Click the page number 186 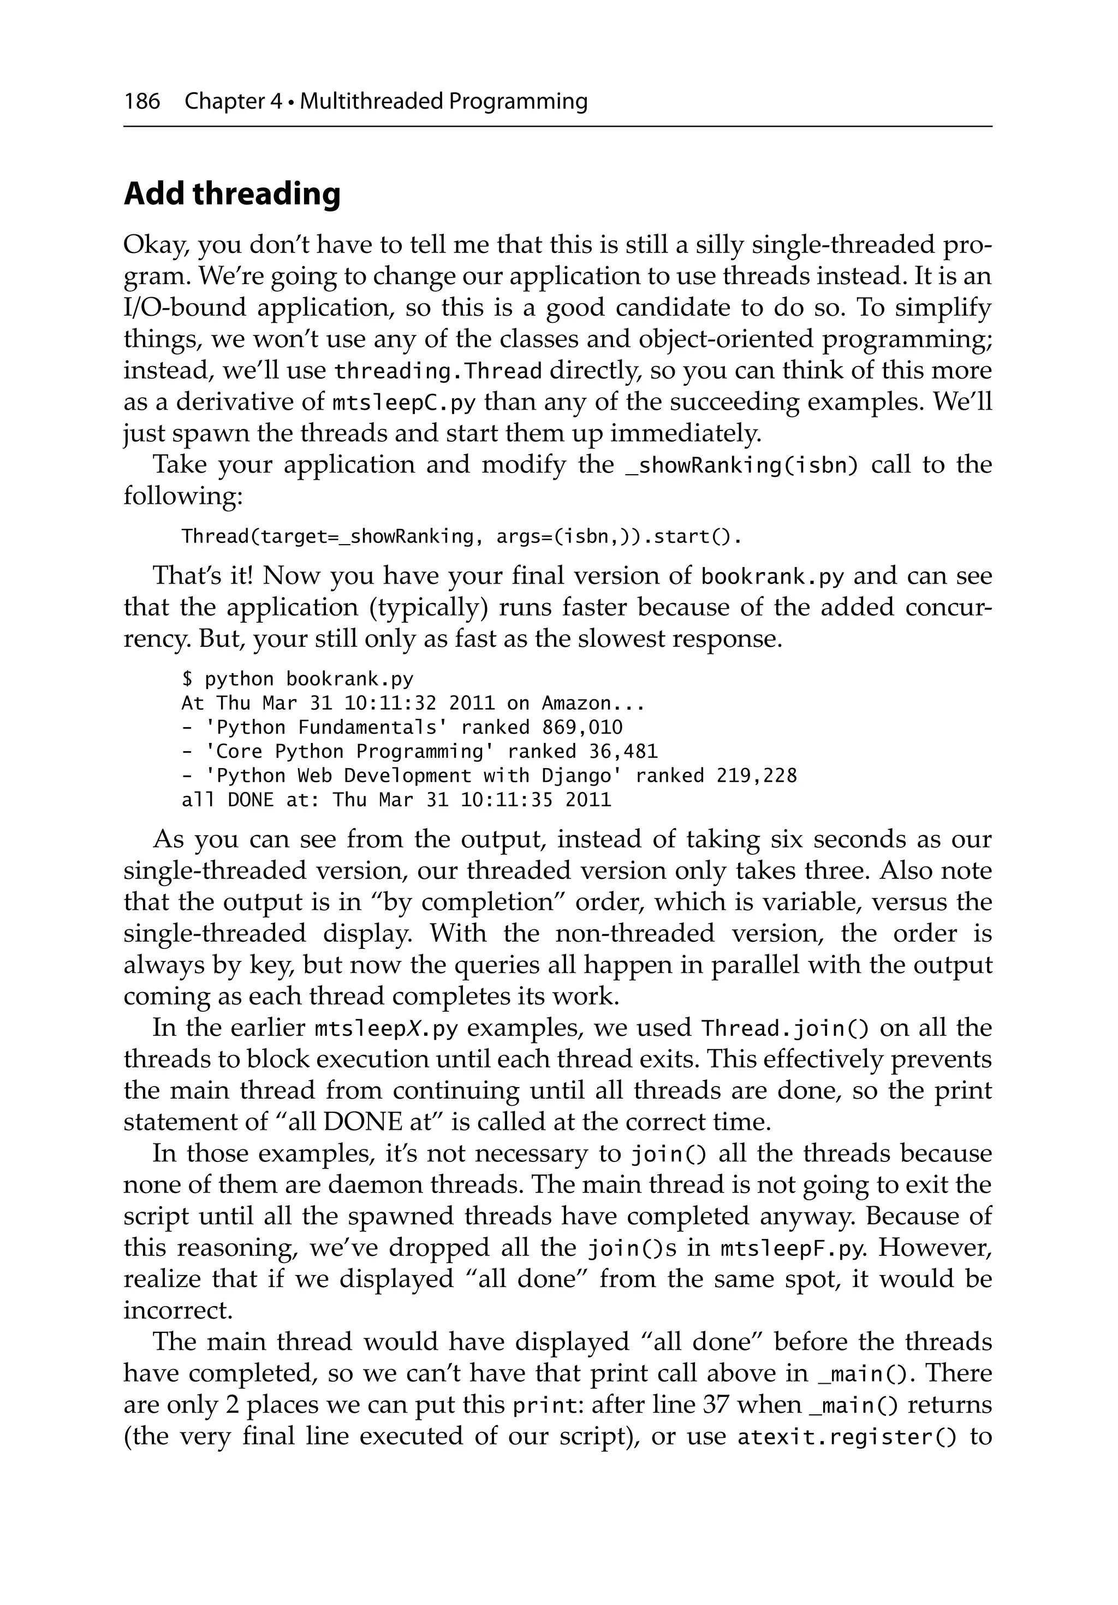click(x=142, y=102)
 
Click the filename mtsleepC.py click(x=404, y=403)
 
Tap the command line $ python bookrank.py click(x=298, y=679)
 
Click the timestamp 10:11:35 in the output click(x=507, y=800)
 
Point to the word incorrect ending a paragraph click(x=177, y=1311)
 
